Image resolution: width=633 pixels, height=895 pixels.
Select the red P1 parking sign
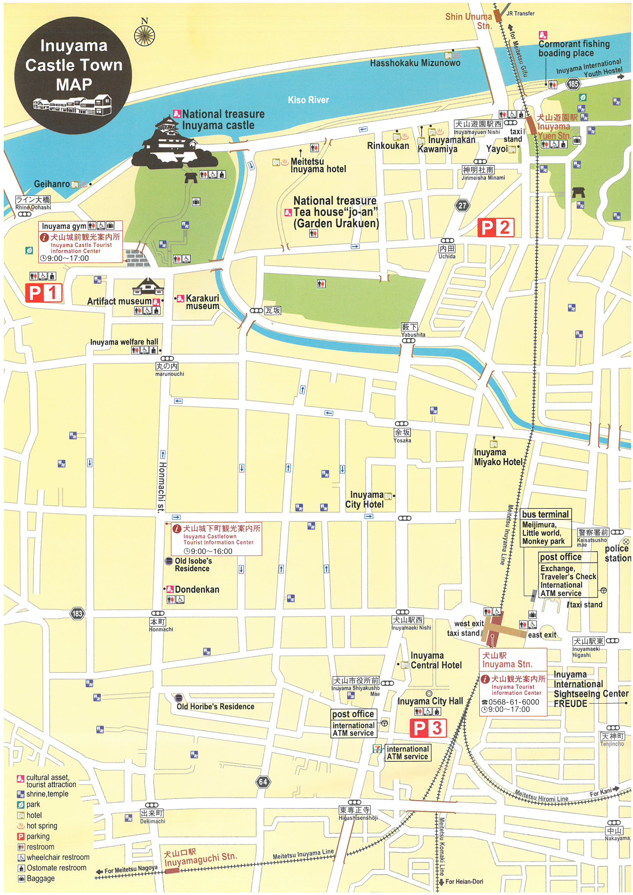[44, 293]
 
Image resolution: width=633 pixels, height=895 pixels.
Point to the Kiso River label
[308, 100]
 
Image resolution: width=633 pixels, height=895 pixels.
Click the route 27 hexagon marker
[462, 206]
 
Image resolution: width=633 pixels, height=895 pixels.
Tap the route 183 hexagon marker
[77, 614]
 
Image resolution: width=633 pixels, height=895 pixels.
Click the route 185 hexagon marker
[573, 83]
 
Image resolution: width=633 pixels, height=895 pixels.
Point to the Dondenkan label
[197, 590]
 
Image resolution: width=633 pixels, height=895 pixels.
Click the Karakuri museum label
[203, 302]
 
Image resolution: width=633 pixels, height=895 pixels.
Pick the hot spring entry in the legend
[42, 826]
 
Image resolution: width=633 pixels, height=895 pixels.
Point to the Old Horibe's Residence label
[215, 707]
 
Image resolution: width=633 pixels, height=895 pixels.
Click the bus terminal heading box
[545, 514]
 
